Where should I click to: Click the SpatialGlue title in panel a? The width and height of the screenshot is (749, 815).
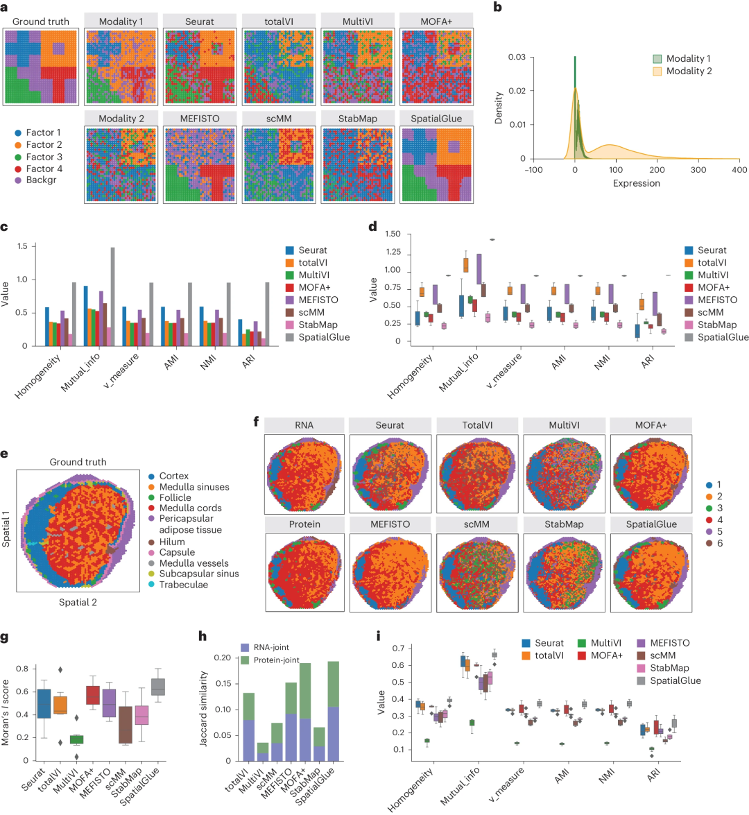[x=436, y=119]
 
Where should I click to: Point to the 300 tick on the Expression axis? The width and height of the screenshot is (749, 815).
[x=698, y=170]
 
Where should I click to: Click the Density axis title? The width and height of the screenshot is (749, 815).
[x=499, y=109]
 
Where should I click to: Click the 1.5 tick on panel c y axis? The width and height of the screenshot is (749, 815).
[x=23, y=246]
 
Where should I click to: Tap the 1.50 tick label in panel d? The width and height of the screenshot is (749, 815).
[x=392, y=234]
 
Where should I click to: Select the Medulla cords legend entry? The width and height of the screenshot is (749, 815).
[x=190, y=508]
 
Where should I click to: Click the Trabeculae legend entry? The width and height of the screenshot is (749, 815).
[x=183, y=585]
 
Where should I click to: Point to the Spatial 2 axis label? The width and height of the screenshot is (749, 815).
[x=78, y=602]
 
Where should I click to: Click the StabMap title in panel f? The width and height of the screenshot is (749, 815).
[x=564, y=524]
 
